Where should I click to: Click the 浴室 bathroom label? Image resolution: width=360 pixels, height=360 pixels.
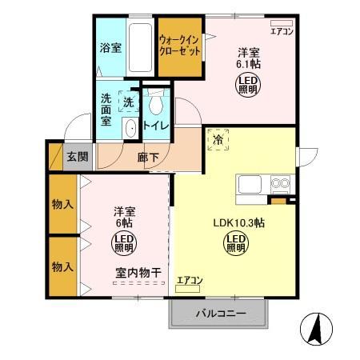point(110,47)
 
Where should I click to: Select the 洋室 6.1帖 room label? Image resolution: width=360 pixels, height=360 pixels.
point(248,58)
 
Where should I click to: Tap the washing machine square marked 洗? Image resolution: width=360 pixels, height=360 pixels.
point(129,102)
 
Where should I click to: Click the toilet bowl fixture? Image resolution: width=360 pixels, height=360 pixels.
point(157,103)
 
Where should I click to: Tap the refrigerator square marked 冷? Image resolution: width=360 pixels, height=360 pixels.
point(218,139)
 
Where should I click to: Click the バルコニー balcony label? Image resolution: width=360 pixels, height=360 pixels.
point(218,314)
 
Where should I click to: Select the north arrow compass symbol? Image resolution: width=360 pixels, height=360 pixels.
point(315,329)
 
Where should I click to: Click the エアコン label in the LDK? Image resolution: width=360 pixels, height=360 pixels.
point(189,280)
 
